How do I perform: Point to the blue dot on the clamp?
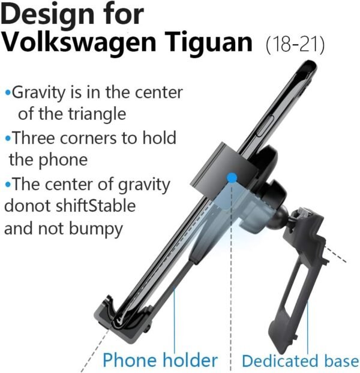(x=232, y=177)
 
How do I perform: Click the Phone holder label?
(x=159, y=360)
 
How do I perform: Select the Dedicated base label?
(x=300, y=361)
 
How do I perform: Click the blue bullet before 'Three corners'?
(x=7, y=139)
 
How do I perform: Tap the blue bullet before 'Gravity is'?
(x=7, y=93)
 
